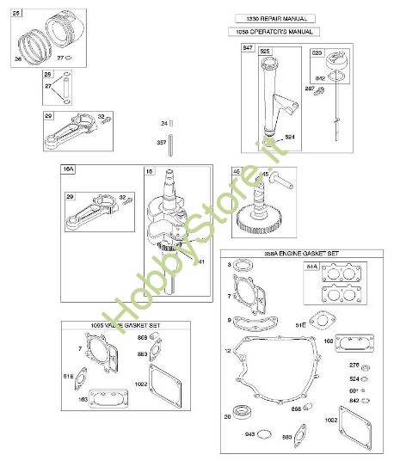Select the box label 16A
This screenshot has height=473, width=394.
click(x=67, y=171)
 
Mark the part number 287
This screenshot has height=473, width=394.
click(x=309, y=89)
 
